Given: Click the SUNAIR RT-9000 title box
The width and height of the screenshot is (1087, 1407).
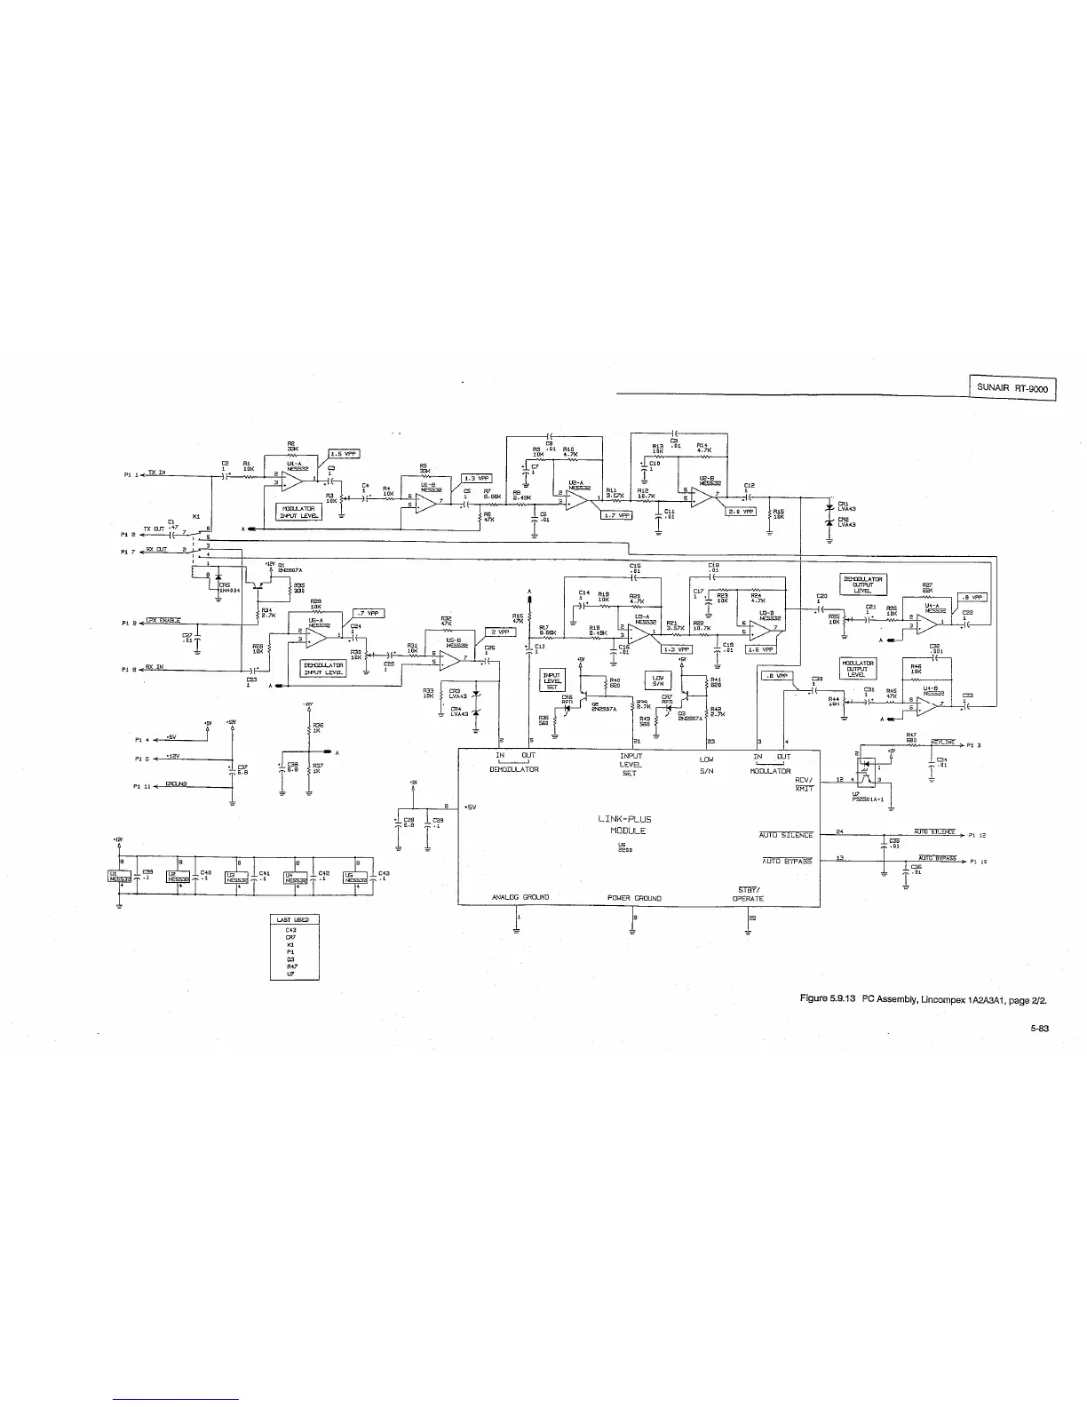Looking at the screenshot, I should click(x=1012, y=388).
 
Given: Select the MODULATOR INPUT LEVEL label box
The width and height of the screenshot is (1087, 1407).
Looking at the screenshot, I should click(x=298, y=513).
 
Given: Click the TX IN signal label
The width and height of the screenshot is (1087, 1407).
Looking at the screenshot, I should click(x=156, y=473).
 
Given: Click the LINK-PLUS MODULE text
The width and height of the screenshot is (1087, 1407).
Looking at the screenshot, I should click(x=628, y=825).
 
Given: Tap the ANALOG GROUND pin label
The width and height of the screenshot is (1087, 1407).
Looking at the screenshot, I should click(x=520, y=897).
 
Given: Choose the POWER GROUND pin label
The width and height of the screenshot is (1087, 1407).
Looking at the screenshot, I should click(x=633, y=898).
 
